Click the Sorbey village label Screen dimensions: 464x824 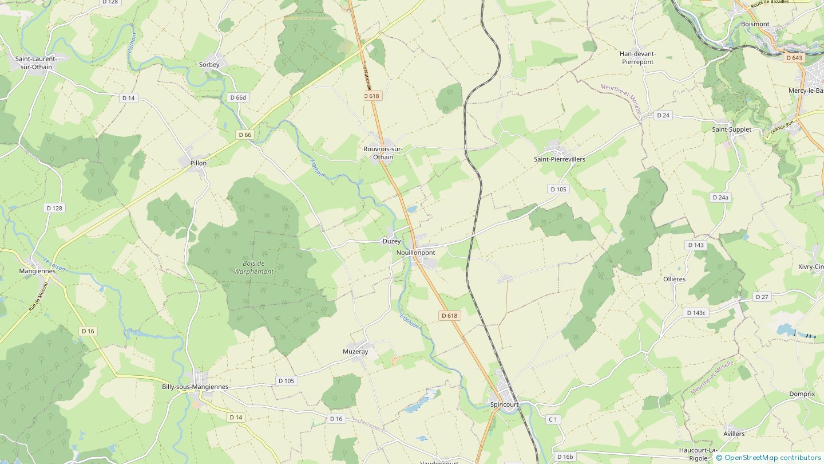click(x=209, y=65)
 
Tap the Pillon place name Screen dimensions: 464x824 click(x=198, y=163)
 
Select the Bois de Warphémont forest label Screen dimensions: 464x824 click(x=253, y=268)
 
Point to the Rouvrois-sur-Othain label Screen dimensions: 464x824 click(x=383, y=153)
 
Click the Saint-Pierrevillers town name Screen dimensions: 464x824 click(x=559, y=159)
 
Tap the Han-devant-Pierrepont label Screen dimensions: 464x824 click(x=637, y=58)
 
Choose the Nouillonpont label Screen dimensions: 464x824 click(x=415, y=253)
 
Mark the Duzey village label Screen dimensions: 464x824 click(x=391, y=242)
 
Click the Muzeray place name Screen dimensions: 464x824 click(x=355, y=352)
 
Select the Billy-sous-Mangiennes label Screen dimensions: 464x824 click(x=195, y=387)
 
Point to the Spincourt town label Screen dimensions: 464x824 click(x=504, y=404)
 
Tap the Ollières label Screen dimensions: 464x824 click(x=674, y=280)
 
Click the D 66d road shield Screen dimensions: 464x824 click(x=237, y=97)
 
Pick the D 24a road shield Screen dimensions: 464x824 click(x=720, y=198)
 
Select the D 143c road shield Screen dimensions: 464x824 click(x=696, y=313)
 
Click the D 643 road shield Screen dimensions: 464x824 click(x=794, y=58)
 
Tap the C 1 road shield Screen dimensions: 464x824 click(x=552, y=420)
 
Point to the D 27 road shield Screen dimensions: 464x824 click(x=762, y=297)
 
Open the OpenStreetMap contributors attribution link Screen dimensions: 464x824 click(x=772, y=458)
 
